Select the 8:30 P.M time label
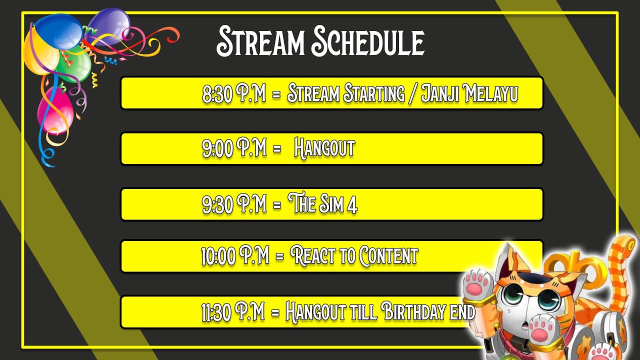coord(234,93)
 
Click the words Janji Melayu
coord(469,93)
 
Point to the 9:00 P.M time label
coord(234,148)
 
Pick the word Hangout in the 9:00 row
coord(324,148)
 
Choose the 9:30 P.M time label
coord(234,204)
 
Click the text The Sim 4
coord(323,204)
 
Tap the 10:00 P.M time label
coord(235,256)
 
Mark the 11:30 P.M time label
coord(233,312)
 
